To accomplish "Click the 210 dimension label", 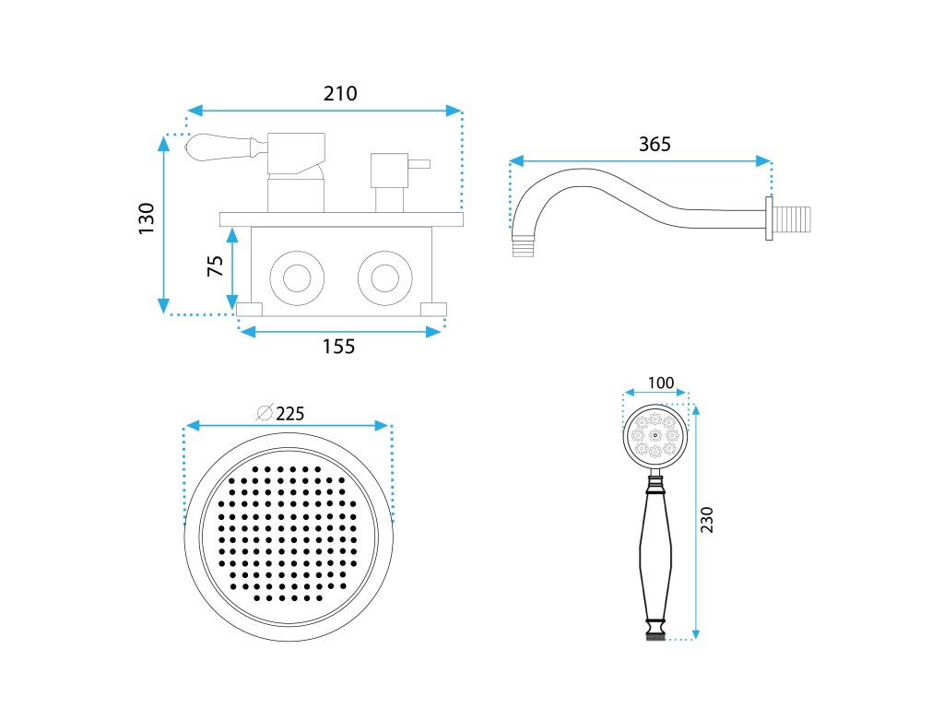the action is click(x=340, y=93).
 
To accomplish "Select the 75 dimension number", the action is click(x=216, y=266).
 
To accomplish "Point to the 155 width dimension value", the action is click(x=338, y=347).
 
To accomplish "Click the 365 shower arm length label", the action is click(x=655, y=145).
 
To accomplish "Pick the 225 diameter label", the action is click(x=289, y=413).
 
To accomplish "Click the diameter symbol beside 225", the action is click(x=265, y=413).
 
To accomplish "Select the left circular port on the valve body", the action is click(x=297, y=277).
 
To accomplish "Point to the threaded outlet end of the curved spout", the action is click(x=523, y=247).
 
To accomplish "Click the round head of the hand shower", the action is click(x=655, y=436).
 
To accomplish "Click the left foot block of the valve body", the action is click(x=249, y=309).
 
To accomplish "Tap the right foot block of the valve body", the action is click(x=432, y=309).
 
